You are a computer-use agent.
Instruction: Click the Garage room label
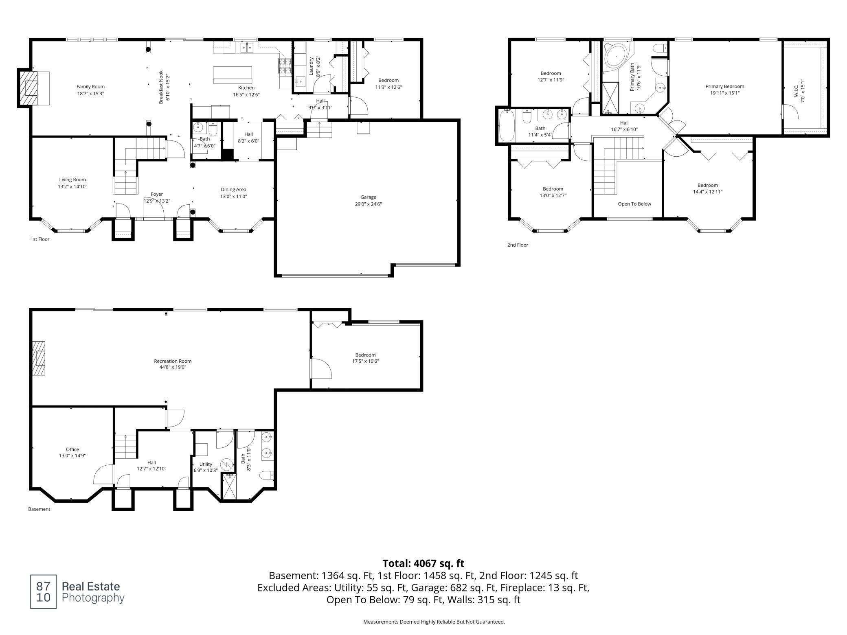pos(368,197)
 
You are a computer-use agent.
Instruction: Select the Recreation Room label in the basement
pos(173,361)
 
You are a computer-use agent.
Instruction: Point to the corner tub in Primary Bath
pos(616,56)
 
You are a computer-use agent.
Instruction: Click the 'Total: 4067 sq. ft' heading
pos(423,563)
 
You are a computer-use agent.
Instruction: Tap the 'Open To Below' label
pos(634,204)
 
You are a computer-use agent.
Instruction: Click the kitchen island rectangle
pos(233,74)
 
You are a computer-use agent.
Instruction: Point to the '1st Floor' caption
pos(40,239)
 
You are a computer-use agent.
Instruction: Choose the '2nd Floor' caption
pos(518,245)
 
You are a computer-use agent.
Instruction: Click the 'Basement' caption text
pos(39,509)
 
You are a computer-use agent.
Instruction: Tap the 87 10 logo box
pos(44,592)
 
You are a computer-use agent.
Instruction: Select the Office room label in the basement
pos(72,449)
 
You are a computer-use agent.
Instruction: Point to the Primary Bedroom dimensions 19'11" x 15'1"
pos(725,93)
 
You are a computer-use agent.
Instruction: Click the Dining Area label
pos(233,189)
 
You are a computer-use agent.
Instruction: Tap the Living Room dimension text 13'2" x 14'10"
pos(72,186)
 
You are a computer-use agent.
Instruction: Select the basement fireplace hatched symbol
pos(39,358)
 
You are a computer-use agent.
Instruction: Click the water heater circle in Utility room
pos(226,464)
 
